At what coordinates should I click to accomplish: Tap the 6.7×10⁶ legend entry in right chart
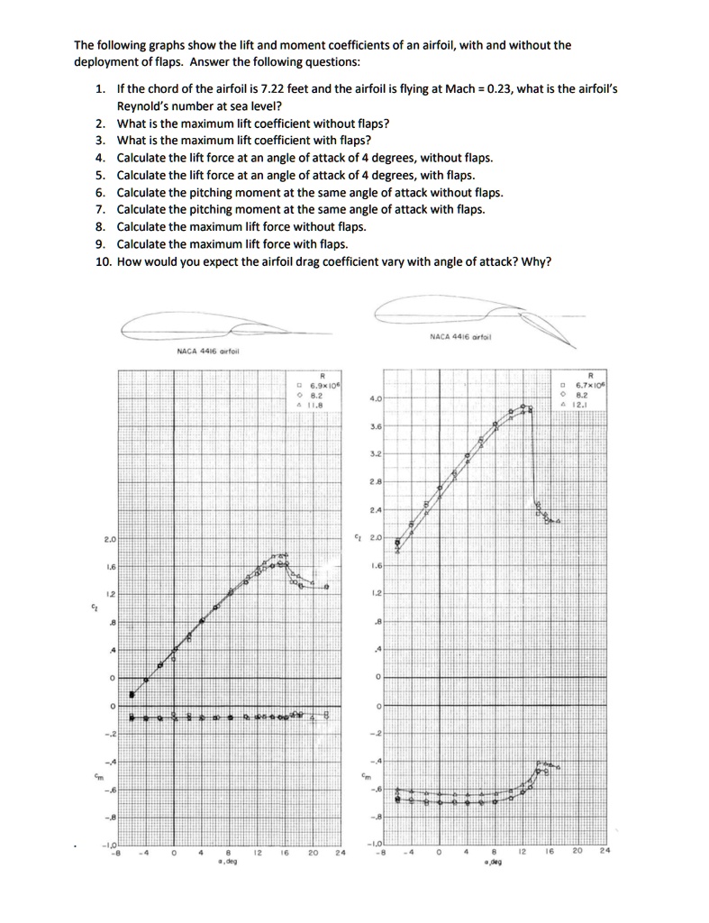click(593, 385)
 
